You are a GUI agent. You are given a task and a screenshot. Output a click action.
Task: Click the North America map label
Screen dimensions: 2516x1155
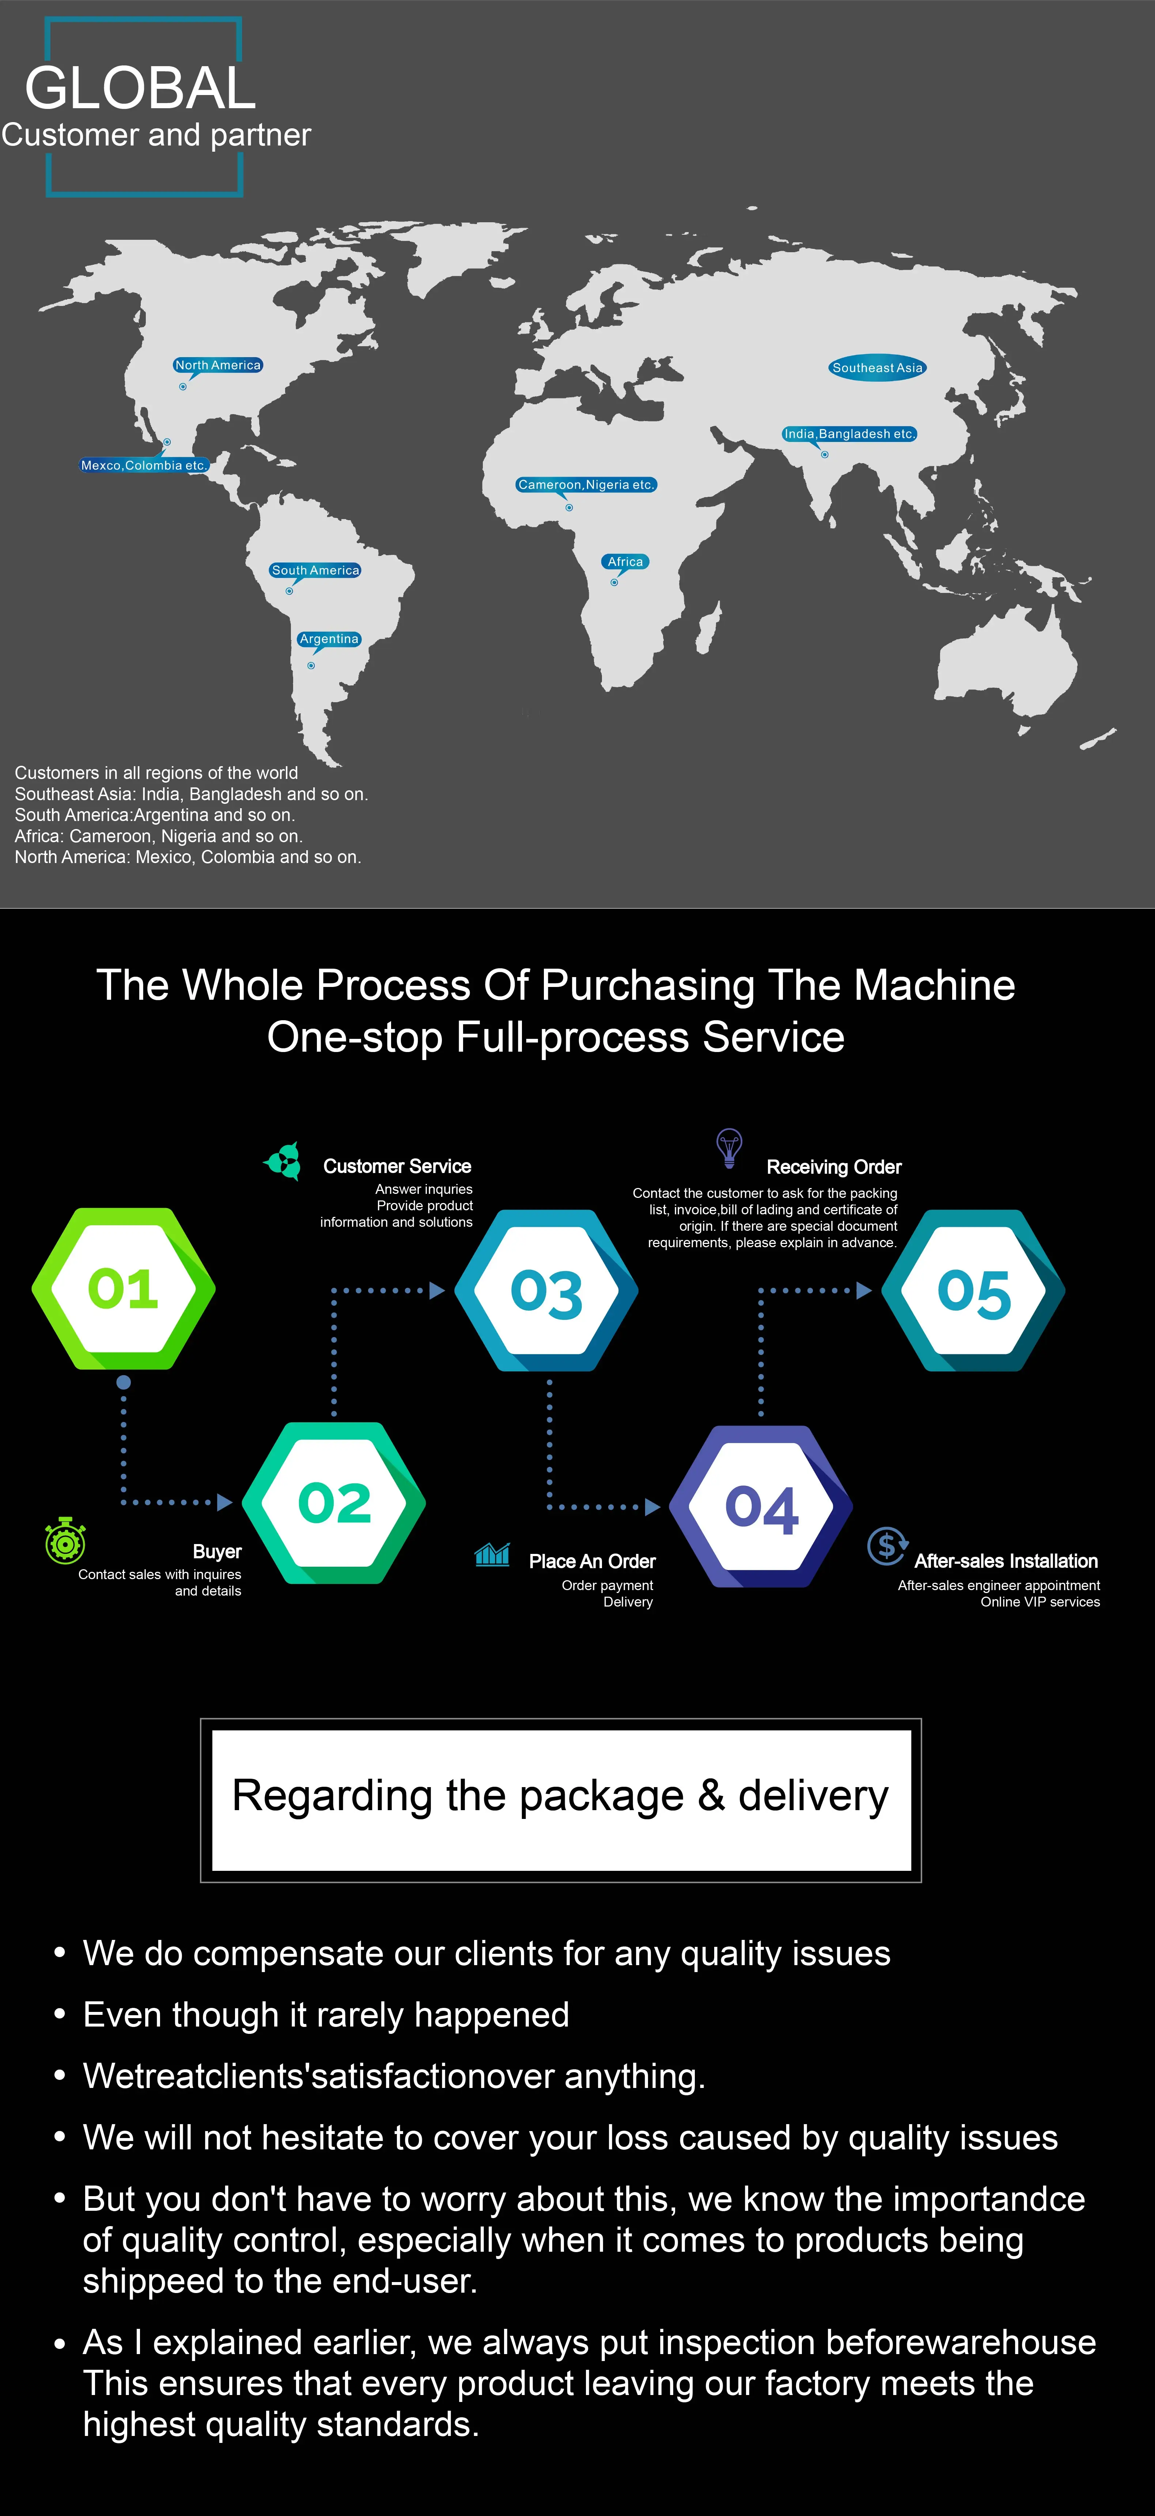tap(218, 365)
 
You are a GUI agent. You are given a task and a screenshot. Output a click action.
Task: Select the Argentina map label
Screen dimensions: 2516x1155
tap(329, 639)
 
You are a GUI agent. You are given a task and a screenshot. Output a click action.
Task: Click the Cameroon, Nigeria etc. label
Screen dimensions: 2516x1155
tap(586, 484)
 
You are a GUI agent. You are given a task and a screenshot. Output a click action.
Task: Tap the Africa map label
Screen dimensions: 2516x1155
tap(625, 561)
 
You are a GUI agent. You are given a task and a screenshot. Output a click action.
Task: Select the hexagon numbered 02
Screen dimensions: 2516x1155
tap(334, 1502)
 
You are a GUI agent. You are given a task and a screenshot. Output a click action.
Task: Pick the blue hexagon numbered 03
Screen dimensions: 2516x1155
tap(547, 1291)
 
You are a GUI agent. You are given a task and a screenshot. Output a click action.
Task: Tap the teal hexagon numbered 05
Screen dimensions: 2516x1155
tap(973, 1291)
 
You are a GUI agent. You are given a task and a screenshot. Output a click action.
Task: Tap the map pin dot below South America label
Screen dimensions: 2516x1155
tap(289, 591)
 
